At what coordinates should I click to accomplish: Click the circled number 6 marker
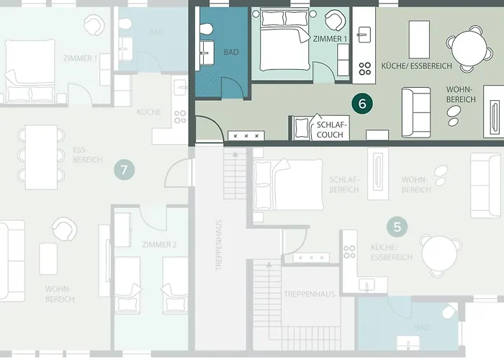tap(362, 103)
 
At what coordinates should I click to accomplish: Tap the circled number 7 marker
tap(125, 171)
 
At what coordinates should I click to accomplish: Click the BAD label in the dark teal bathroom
tap(231, 53)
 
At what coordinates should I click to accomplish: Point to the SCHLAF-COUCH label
tap(331, 129)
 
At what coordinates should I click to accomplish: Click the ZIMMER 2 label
tap(159, 245)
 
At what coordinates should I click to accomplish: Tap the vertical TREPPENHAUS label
tap(218, 244)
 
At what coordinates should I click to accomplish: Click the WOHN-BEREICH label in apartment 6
tap(460, 94)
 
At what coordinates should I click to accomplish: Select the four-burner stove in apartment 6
tap(365, 68)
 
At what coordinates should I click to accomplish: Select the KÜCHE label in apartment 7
tap(149, 113)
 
